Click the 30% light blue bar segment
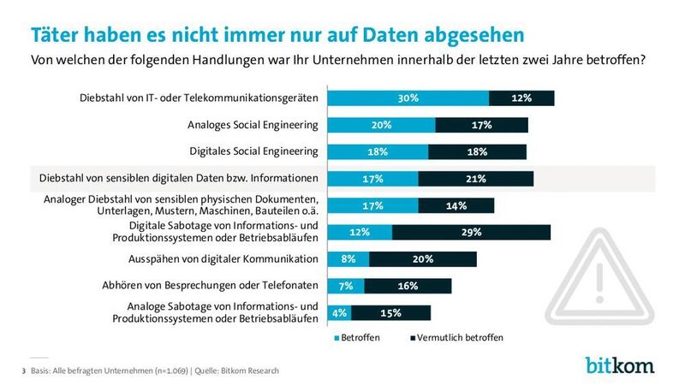pyautogui.click(x=408, y=98)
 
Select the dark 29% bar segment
pyautogui.click(x=471, y=232)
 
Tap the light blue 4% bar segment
pyautogui.click(x=340, y=312)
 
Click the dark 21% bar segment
pyautogui.click(x=476, y=179)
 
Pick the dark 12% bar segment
pyautogui.click(x=521, y=98)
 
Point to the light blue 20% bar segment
pyautogui.click(x=382, y=125)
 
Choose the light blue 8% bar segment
pyautogui.click(x=349, y=259)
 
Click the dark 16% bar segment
pyautogui.click(x=408, y=286)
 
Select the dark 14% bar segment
pyautogui.click(x=456, y=205)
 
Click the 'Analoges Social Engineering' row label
pyautogui.click(x=253, y=125)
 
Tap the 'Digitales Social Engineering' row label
pyautogui.click(x=254, y=151)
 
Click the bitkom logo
pyautogui.click(x=620, y=365)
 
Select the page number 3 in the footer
pyautogui.click(x=22, y=370)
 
